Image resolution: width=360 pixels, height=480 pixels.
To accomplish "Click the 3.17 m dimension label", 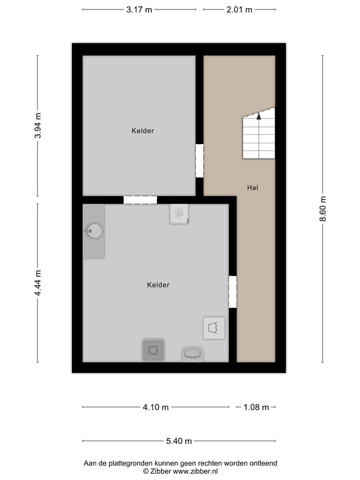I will coord(139,9).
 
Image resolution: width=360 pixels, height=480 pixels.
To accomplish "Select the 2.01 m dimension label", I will coord(239,9).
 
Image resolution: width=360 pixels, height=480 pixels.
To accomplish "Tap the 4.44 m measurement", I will coord(38,283).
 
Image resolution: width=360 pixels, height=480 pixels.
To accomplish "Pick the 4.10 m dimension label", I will coord(155,407).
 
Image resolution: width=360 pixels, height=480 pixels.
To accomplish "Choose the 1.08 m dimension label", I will coord(256,407).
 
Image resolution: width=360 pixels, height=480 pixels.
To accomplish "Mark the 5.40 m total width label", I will coord(179,441).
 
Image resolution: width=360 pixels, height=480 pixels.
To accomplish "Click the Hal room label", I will coord(252,188).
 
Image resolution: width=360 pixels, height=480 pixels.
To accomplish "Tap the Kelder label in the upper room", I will coord(142,131).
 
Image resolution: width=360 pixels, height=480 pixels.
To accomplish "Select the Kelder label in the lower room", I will coord(158,285).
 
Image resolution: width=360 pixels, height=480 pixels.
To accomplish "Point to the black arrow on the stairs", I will coord(258,116).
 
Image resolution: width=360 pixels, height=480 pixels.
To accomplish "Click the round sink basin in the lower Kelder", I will coord(94,230).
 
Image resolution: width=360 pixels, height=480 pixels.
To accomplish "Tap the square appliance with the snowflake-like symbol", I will coord(178,213).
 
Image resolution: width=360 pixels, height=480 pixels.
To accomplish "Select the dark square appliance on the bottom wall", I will coord(153,350).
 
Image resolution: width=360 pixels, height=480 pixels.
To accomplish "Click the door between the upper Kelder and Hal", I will coord(199,160).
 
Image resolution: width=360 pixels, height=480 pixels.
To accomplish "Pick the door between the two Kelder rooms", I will coord(140,200).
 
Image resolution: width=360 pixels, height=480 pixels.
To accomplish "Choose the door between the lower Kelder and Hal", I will coord(232,292).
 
